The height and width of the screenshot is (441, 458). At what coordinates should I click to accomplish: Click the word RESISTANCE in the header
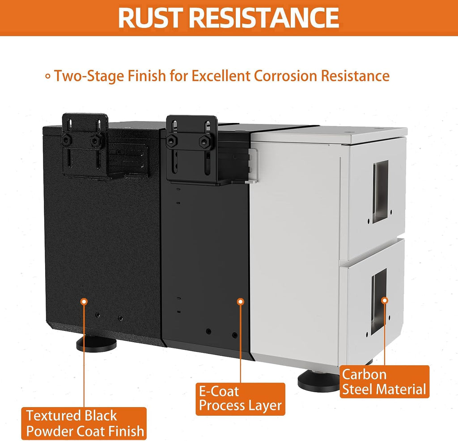(x=266, y=17)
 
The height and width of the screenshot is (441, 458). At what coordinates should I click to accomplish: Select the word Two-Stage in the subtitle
(x=89, y=76)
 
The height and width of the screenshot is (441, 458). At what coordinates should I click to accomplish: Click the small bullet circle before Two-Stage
(x=48, y=76)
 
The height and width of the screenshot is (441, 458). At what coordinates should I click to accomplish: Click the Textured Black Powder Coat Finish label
(x=84, y=423)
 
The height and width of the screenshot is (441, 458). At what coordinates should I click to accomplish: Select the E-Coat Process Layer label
(x=240, y=399)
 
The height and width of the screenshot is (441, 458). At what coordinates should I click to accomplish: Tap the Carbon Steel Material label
(x=384, y=382)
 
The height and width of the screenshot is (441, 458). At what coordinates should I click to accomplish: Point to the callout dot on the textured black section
(x=84, y=301)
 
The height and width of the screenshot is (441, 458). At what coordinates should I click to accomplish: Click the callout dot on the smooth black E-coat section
(x=240, y=301)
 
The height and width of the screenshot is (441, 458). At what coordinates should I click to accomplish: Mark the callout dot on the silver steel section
(x=385, y=300)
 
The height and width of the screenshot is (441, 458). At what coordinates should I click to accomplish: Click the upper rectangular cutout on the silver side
(x=381, y=191)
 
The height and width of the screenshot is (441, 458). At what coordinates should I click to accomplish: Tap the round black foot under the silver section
(x=319, y=381)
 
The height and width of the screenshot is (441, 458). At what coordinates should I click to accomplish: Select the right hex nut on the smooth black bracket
(x=205, y=142)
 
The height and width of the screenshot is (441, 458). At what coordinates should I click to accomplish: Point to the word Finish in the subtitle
(x=147, y=76)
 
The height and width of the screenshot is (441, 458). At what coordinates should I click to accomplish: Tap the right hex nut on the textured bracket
(x=95, y=141)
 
